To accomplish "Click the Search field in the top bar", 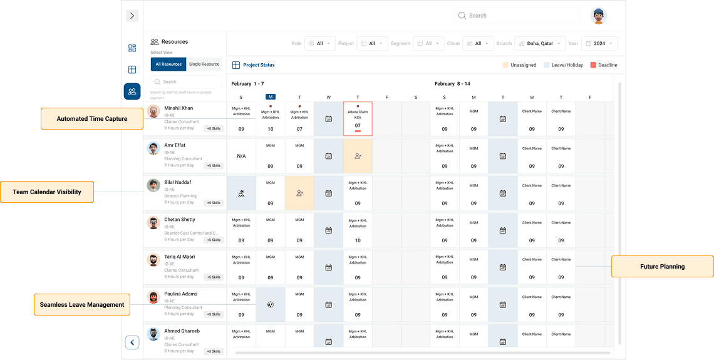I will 517,16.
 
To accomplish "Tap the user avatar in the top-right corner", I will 599,16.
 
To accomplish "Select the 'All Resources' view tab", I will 168,64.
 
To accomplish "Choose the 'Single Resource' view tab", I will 204,64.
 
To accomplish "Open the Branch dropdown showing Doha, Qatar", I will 540,44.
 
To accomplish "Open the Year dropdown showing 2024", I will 599,44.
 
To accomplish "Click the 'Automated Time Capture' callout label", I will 92,119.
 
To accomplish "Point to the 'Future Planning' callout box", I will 662,267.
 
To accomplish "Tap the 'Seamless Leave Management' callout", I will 82,305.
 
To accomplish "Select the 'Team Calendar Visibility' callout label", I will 47,192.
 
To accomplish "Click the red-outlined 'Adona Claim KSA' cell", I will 358,119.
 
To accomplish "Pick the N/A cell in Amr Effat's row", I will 241,156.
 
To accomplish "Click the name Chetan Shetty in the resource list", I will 180,220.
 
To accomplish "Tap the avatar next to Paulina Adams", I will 153,297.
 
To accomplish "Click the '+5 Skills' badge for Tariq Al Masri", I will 213,277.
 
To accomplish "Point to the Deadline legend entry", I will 604,65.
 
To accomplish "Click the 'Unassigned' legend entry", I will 519,65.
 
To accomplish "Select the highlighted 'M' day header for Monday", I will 270,97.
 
